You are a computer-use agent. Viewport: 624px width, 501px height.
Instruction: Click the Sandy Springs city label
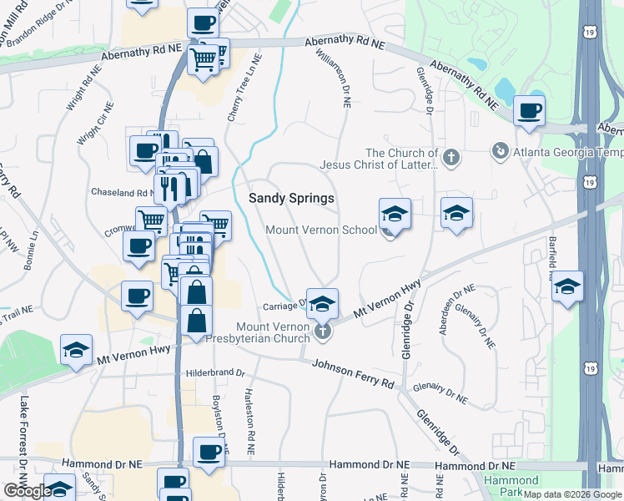(x=292, y=199)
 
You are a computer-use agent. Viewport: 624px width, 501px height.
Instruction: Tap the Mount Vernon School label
(x=321, y=230)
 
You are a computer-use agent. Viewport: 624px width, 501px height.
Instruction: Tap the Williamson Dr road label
(x=332, y=78)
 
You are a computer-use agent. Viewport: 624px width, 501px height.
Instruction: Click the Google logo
(x=28, y=491)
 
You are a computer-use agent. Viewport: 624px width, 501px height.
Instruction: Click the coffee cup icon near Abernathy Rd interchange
(x=530, y=111)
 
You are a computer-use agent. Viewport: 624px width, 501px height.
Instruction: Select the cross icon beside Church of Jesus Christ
(x=451, y=156)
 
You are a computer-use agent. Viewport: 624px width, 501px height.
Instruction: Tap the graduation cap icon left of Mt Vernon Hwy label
(x=77, y=352)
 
